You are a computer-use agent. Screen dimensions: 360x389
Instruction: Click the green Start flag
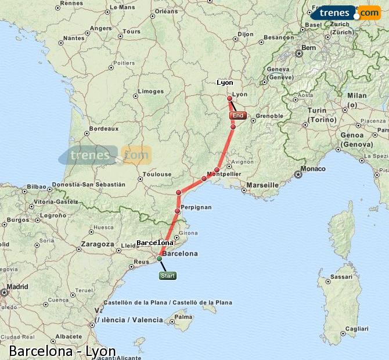(x=168, y=276)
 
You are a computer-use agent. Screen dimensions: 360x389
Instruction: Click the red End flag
(x=238, y=116)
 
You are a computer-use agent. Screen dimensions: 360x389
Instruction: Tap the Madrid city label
(x=18, y=286)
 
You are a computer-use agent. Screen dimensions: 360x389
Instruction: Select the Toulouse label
(x=157, y=174)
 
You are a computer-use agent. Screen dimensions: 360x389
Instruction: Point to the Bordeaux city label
(x=104, y=128)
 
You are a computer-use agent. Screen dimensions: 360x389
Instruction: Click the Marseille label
(x=262, y=185)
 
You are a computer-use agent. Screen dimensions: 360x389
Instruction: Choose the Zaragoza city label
(x=98, y=244)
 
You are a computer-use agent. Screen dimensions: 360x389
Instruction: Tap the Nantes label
(x=74, y=38)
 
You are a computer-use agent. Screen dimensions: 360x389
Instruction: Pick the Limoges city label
(x=150, y=91)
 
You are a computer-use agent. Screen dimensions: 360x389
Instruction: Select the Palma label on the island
(x=183, y=318)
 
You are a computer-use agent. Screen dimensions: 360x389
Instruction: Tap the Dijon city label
(x=246, y=34)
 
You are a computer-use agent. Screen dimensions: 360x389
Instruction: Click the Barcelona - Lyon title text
(x=62, y=351)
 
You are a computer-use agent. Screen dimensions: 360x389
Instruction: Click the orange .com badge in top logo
(x=369, y=13)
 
